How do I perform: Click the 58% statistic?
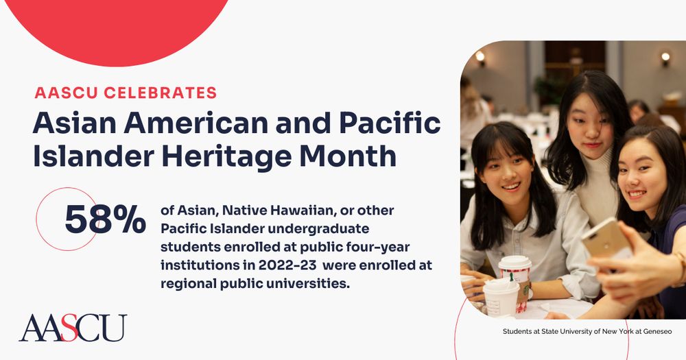point(105,219)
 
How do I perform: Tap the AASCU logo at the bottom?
point(73,328)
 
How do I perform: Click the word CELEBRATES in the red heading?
point(160,93)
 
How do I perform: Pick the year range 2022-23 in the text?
point(287,265)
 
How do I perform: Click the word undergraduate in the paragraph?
point(320,229)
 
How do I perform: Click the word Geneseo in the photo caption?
point(657,332)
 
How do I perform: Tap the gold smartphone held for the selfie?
point(606,239)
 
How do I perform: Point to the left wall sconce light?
point(480,57)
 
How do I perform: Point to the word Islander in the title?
point(93,156)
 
